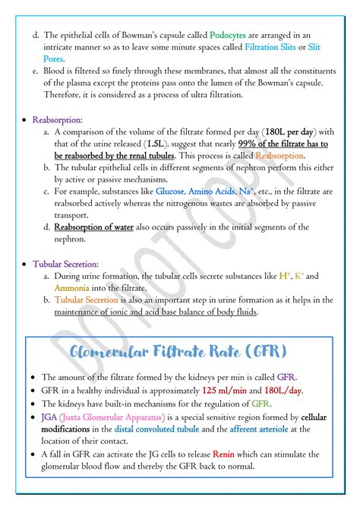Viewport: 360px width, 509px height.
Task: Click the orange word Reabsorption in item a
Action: point(279,155)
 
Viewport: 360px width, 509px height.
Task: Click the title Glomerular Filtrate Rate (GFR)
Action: point(178,353)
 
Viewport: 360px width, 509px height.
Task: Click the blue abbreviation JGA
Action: point(50,417)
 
